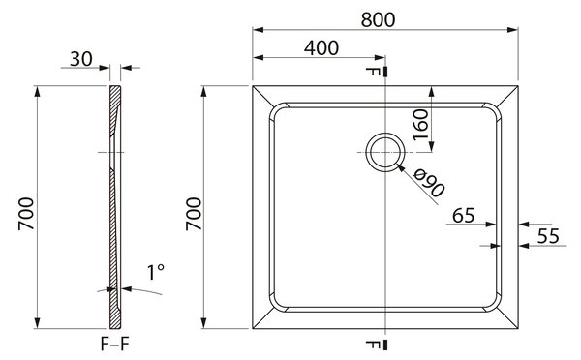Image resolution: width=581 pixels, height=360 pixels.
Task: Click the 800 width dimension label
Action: pyautogui.click(x=378, y=19)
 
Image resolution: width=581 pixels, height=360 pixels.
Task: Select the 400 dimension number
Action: pyautogui.click(x=321, y=48)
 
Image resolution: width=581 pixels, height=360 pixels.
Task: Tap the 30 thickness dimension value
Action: pyautogui.click(x=81, y=59)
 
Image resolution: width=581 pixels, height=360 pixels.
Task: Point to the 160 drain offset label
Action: pyautogui.click(x=421, y=125)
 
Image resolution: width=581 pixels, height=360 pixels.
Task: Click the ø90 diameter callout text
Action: pyautogui.click(x=429, y=183)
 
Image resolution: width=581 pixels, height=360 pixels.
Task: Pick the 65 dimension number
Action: pyautogui.click(x=463, y=216)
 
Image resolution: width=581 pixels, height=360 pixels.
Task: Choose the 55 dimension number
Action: pyautogui.click(x=548, y=236)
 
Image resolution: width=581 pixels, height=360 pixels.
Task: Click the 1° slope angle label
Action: pyautogui.click(x=156, y=273)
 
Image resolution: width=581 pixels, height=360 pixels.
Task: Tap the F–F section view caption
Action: pyautogui.click(x=115, y=345)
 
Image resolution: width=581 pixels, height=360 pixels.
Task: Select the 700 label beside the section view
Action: pyautogui.click(x=26, y=214)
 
